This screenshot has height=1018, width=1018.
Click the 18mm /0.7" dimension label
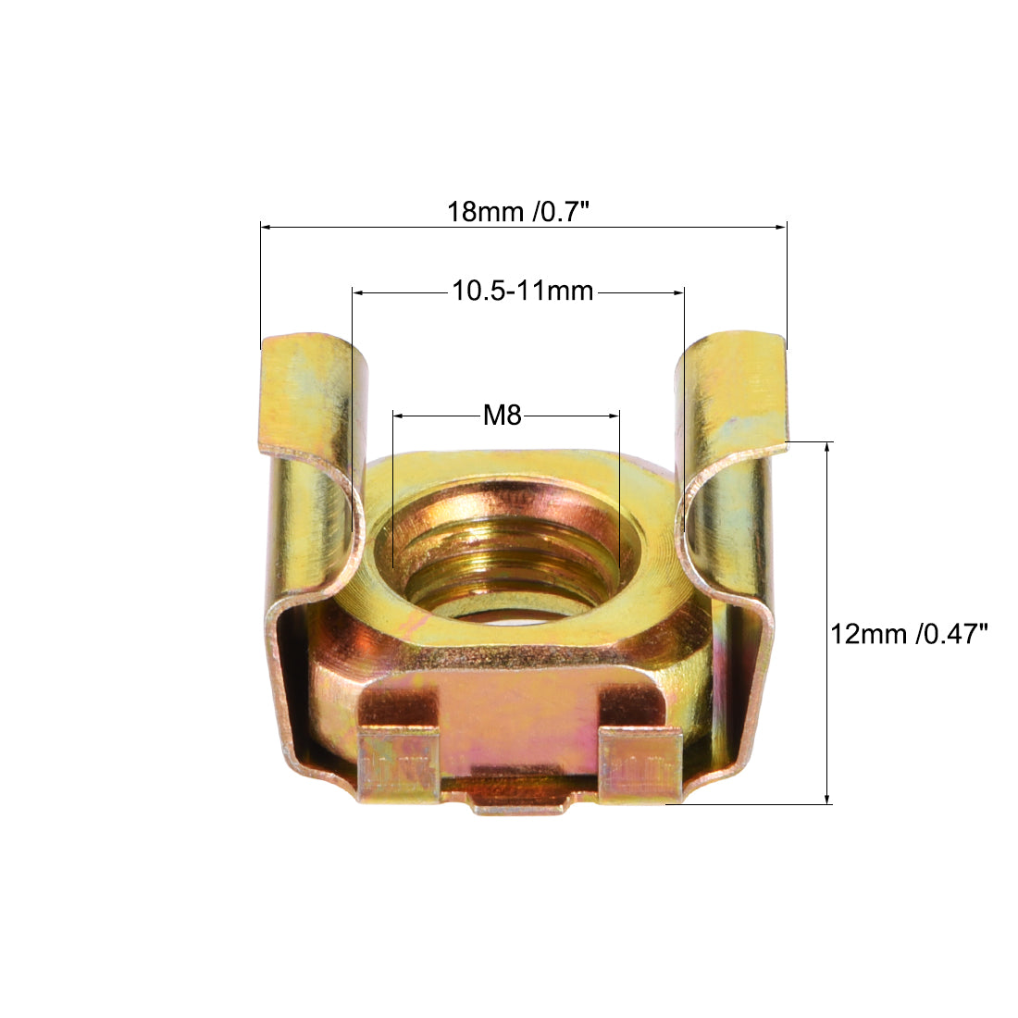click(x=519, y=211)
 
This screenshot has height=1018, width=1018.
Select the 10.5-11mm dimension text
click(x=522, y=291)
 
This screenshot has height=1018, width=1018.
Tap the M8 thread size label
click(x=503, y=416)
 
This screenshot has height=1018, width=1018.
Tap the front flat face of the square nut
click(x=518, y=713)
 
